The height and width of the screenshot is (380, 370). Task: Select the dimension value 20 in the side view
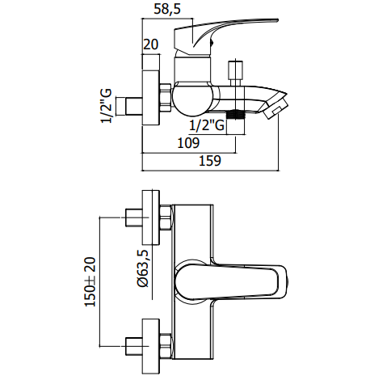pos(151,46)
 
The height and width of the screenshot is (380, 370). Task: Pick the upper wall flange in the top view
pos(151,217)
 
